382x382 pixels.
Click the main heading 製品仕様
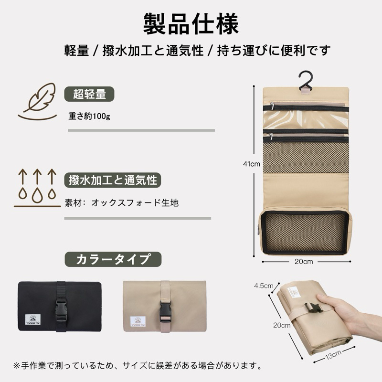191,24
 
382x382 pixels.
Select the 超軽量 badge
89,94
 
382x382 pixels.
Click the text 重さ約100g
89,116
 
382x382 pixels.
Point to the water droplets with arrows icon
37,188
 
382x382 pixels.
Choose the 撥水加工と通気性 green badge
113,180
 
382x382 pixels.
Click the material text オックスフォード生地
135,202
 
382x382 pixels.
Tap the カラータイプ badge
113,259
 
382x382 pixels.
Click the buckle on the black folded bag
61,310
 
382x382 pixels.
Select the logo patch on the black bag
33,319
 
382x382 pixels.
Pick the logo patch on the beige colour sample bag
138,321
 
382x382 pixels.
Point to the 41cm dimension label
252,164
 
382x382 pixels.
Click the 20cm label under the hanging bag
304,261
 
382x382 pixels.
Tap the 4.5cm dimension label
264,286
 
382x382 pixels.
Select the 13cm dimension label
333,355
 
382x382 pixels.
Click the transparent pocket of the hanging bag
306,120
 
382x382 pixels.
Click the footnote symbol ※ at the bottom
17,366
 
